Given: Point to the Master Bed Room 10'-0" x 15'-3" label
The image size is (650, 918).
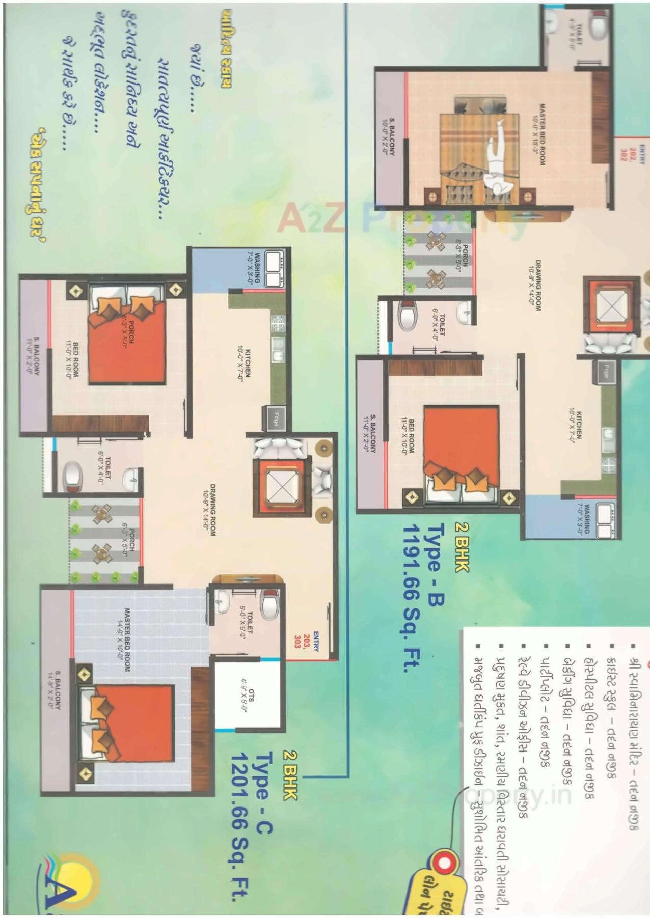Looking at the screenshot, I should tap(538, 134).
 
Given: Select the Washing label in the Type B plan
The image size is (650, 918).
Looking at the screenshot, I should tap(583, 519).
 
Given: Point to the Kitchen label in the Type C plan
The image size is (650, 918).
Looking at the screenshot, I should tap(243, 363).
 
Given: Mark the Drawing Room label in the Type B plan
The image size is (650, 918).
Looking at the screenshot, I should tap(535, 285).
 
